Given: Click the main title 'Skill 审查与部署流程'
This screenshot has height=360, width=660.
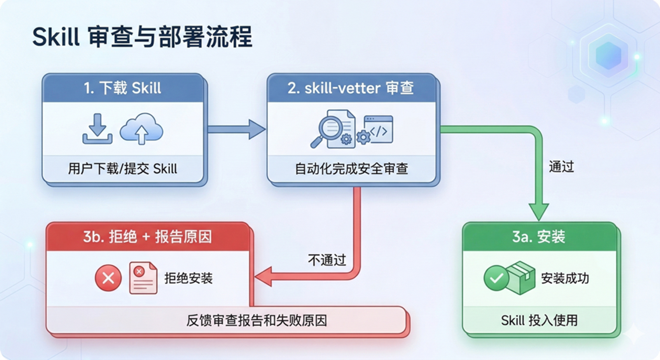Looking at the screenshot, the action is pyautogui.click(x=142, y=37).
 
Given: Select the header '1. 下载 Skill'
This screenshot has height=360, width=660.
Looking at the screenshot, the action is pyautogui.click(x=122, y=88).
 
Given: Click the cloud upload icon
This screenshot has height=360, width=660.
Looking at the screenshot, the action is pyautogui.click(x=141, y=129).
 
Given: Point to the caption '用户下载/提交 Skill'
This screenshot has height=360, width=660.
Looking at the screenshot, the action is pyautogui.click(x=122, y=169).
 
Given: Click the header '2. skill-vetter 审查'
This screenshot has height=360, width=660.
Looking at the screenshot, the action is pyautogui.click(x=351, y=88).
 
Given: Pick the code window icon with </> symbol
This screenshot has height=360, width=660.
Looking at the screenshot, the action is pyautogui.click(x=378, y=129).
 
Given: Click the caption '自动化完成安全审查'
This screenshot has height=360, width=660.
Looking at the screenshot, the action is pyautogui.click(x=351, y=169).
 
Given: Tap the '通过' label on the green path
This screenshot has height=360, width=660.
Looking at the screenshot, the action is pyautogui.click(x=561, y=167).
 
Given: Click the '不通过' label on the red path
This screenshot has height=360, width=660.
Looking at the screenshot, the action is pyautogui.click(x=327, y=260).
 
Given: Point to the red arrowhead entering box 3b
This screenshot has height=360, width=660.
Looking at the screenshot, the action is pyautogui.click(x=263, y=277).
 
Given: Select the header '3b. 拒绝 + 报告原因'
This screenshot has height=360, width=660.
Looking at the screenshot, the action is pyautogui.click(x=147, y=236).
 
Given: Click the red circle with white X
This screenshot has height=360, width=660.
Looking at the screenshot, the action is pyautogui.click(x=108, y=278).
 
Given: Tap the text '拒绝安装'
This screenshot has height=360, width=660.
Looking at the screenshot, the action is pyautogui.click(x=189, y=278).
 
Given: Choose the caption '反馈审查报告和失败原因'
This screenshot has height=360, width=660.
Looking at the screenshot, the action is pyautogui.click(x=257, y=320).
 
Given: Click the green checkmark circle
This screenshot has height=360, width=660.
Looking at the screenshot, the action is pyautogui.click(x=496, y=278).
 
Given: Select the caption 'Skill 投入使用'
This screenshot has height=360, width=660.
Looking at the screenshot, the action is pyautogui.click(x=539, y=320).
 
